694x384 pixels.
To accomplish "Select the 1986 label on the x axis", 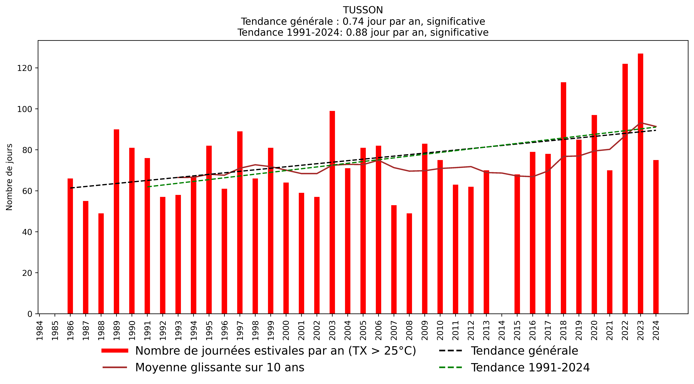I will pyautogui.click(x=70, y=330).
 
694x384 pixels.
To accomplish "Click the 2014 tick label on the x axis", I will pyautogui.click(x=502, y=330).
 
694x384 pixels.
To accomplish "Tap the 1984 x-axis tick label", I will pyautogui.click(x=40, y=330).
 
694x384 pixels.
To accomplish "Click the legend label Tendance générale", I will pyautogui.click(x=524, y=351).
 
